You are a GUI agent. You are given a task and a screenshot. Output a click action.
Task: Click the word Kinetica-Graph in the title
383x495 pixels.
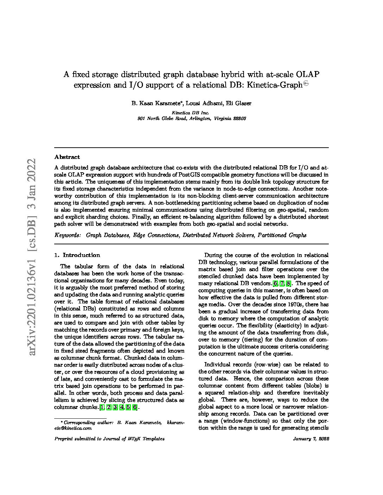point(279,85)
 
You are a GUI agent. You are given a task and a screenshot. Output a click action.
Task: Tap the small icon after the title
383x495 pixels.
point(306,83)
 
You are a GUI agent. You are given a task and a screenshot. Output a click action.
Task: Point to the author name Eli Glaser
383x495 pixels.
point(239,103)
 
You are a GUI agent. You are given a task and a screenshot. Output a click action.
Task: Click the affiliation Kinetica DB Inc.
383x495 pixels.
point(190,113)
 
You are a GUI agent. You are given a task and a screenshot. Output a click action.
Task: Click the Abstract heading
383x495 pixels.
point(67,157)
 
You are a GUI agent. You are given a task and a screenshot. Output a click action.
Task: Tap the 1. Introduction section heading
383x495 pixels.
point(77,255)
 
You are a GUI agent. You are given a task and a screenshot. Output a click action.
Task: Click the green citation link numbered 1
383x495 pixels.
point(102,407)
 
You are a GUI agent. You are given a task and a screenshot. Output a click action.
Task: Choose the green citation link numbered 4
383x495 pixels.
point(122,407)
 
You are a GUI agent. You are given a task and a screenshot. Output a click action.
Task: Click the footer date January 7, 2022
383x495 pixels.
point(311,439)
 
